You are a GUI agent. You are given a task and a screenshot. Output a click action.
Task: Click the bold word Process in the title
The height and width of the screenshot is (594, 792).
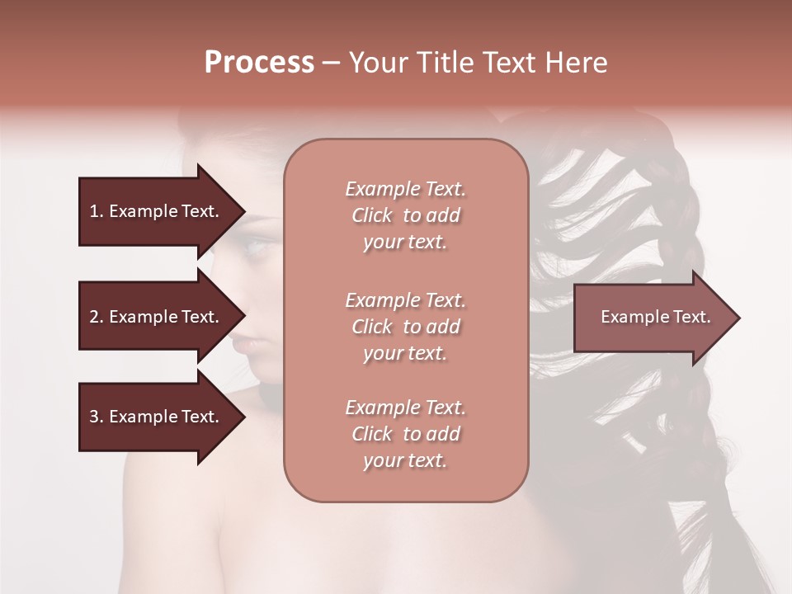[x=259, y=63]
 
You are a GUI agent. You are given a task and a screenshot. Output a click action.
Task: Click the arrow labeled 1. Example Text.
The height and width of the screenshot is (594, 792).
[x=154, y=211]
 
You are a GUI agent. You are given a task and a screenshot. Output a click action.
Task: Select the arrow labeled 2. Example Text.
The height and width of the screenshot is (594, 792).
[x=154, y=317]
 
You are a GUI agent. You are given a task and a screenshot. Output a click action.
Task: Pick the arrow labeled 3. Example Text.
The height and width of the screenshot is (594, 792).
[x=154, y=417]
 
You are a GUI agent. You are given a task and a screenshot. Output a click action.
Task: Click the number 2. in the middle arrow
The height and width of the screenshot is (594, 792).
[x=97, y=317]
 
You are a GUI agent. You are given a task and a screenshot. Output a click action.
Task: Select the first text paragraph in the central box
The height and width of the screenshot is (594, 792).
[x=405, y=215]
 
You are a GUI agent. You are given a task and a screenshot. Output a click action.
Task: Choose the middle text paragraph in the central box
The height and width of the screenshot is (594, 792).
[x=405, y=327]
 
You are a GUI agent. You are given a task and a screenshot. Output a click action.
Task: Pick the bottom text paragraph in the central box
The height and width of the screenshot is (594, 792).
[x=405, y=434]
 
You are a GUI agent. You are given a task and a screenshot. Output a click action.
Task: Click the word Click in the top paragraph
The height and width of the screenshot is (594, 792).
[x=372, y=215]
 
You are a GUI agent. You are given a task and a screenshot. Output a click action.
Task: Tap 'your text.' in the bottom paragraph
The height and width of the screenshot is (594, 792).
[x=405, y=460]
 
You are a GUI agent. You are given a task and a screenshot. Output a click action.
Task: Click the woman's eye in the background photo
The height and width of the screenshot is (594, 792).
[x=262, y=243]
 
